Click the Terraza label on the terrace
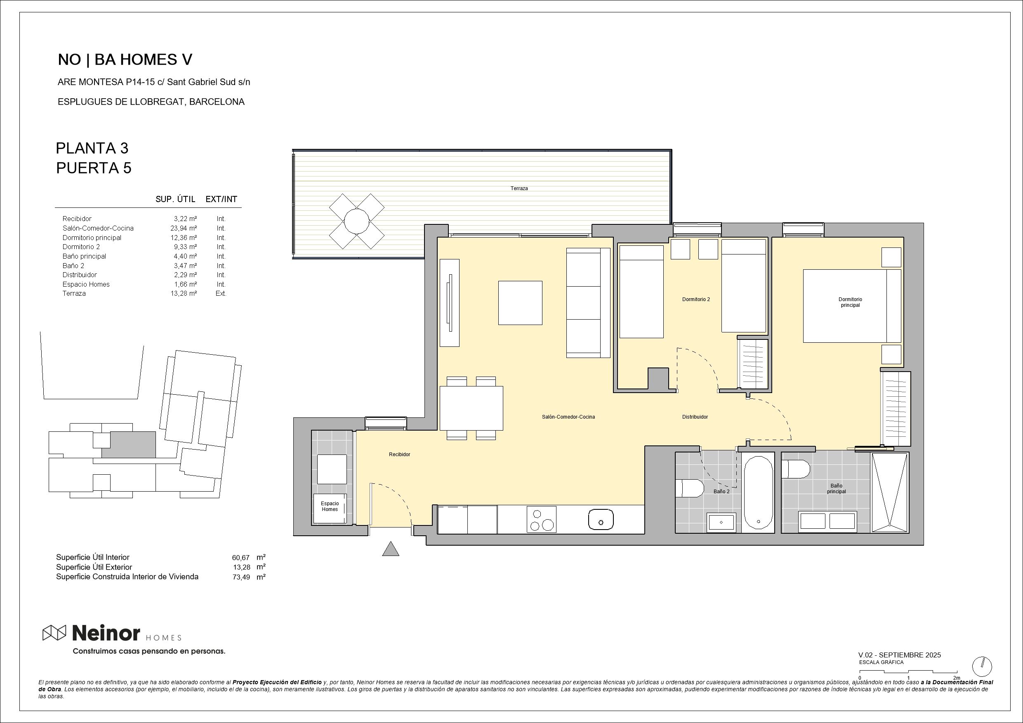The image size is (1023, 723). coord(519,188)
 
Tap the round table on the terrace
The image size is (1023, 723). coord(356,221)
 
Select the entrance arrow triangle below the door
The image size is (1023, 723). coord(390,549)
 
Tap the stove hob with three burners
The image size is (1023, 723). coord(541,519)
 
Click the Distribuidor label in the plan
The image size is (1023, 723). coord(695,417)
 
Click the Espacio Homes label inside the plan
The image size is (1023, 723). coord(330,506)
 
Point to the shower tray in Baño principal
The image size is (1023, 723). coord(889,492)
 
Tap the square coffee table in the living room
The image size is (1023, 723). coord(520,303)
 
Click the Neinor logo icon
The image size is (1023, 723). coord(54,633)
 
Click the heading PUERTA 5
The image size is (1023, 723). coord(94,168)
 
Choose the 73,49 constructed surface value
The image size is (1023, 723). coord(240,577)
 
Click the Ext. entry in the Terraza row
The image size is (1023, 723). coord(221,294)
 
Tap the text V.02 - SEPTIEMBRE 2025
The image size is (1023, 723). coord(899,655)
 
